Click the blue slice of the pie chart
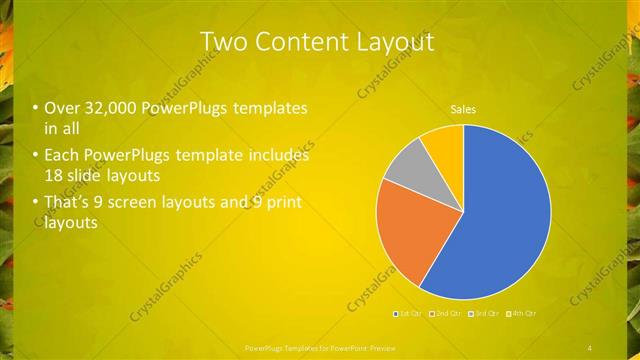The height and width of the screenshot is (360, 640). click(x=500, y=215)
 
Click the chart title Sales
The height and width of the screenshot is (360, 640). click(x=463, y=109)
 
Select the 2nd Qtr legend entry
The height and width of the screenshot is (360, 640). click(x=448, y=314)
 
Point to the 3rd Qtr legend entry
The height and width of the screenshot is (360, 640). click(x=486, y=314)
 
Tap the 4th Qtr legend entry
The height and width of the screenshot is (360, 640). click(x=523, y=314)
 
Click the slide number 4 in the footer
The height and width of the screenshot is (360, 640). click(x=590, y=347)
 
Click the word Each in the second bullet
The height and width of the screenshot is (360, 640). click(x=60, y=156)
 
